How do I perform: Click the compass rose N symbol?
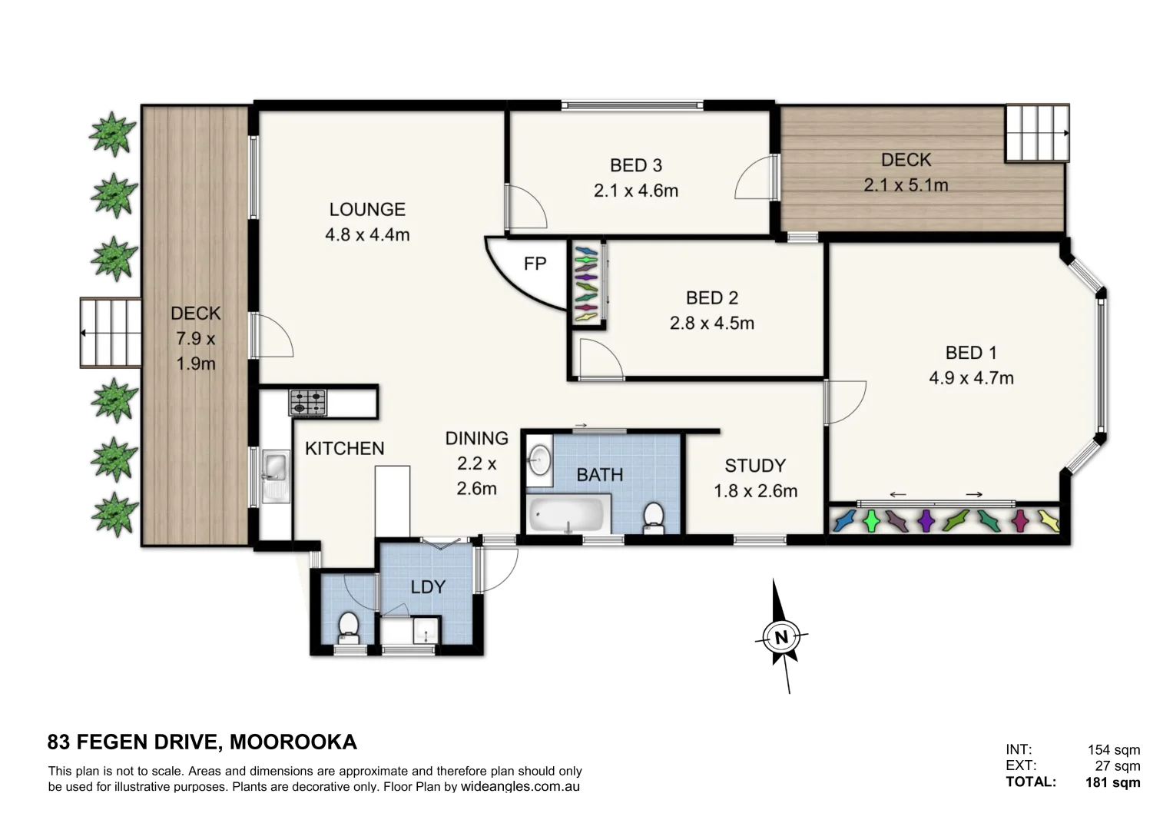point(782,637)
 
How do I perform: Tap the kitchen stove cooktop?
point(307,403)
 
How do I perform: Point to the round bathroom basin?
point(539,460)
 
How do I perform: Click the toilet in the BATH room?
point(654,516)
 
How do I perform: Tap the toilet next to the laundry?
point(349,626)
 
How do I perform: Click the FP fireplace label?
point(535,264)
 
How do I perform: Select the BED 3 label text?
point(635,165)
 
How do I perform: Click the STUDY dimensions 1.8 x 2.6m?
point(755,491)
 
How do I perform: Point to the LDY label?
point(428,587)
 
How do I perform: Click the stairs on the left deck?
point(111,333)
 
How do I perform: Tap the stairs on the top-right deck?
point(1036,133)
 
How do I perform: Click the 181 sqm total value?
point(1112,783)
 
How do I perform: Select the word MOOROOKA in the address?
point(293,742)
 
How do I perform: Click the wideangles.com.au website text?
point(520,787)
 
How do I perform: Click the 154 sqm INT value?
point(1113,749)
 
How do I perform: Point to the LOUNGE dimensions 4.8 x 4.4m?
point(367,235)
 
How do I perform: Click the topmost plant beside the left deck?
point(114,134)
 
